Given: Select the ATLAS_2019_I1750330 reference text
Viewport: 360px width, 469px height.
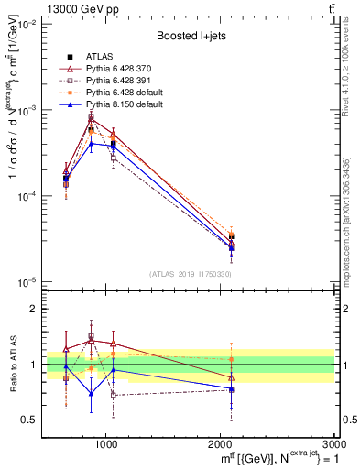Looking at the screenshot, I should tap(190, 274).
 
